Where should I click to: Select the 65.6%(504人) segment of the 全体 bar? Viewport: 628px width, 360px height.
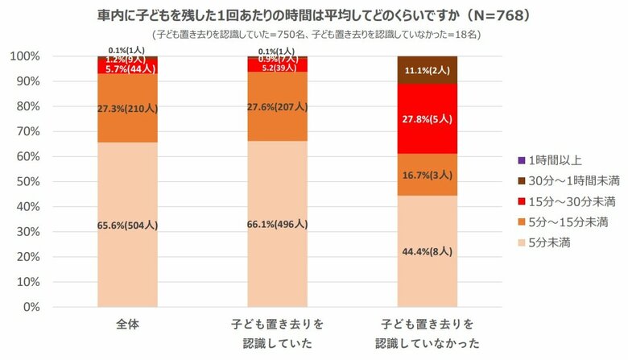pyautogui.click(x=128, y=225)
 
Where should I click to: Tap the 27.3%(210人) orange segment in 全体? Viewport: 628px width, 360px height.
pyautogui.click(x=128, y=108)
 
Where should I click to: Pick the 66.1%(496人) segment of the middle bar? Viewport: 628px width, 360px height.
pyautogui.click(x=277, y=225)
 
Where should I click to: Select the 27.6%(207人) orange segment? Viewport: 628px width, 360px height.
pyautogui.click(x=277, y=106)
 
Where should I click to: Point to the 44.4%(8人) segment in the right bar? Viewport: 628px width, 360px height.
pyautogui.click(x=427, y=251)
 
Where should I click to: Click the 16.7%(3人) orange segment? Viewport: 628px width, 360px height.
pyautogui.click(x=427, y=175)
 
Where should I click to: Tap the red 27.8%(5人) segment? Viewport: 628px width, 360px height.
pyautogui.click(x=427, y=118)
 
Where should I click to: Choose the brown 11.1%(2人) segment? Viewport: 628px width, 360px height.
pyautogui.click(x=427, y=70)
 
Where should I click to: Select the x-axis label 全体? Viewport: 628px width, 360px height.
pyautogui.click(x=128, y=325)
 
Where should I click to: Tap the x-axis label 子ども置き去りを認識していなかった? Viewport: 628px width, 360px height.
pyautogui.click(x=427, y=334)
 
